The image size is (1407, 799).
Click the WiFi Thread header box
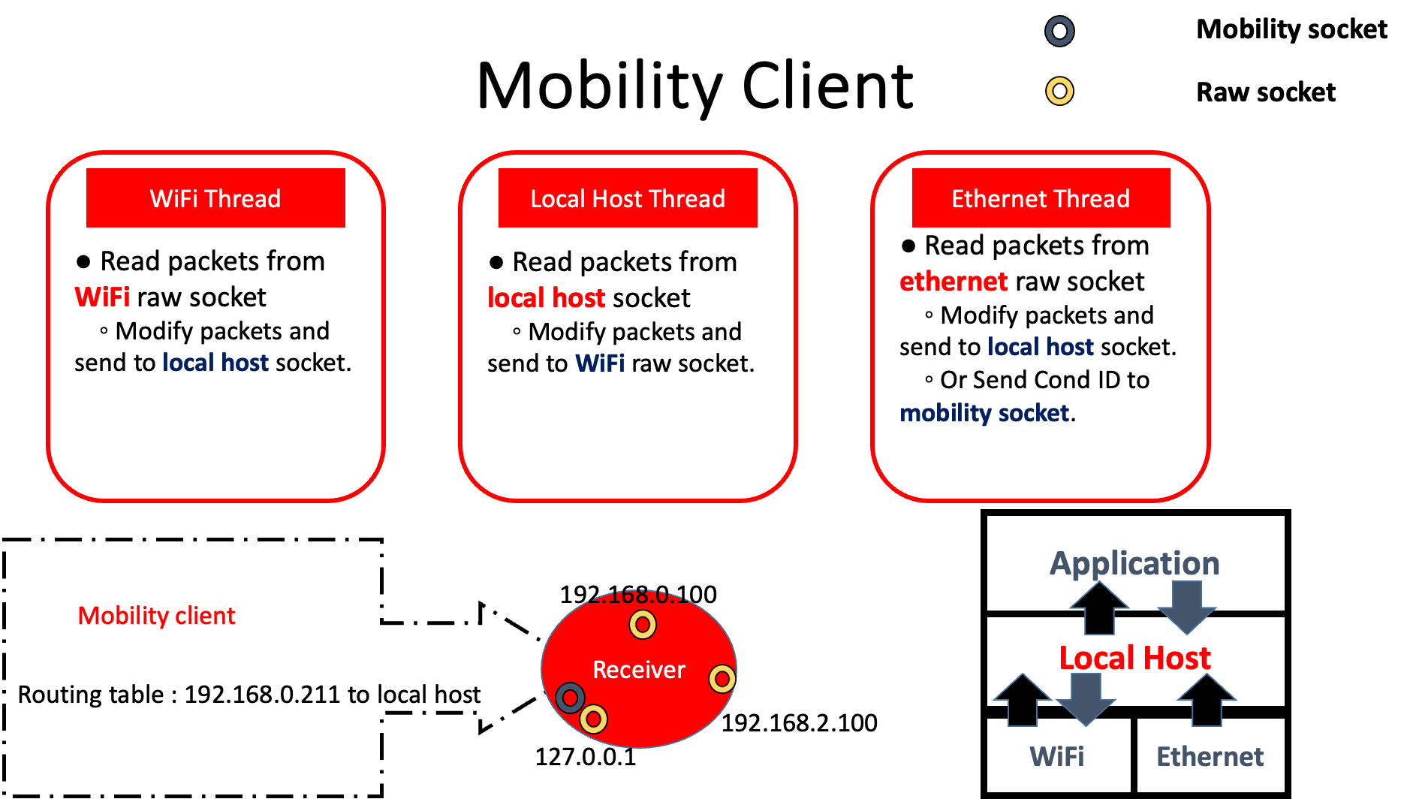point(215,198)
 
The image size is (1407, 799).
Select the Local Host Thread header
point(628,198)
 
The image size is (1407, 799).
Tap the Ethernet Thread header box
point(1041,198)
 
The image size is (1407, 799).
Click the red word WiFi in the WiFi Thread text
point(102,297)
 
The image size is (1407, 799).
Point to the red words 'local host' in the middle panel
point(546,298)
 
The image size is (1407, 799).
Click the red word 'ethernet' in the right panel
point(954,282)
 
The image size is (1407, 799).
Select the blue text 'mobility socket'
point(984,413)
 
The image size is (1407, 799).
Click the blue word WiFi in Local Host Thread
point(600,363)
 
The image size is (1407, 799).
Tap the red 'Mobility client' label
point(156,616)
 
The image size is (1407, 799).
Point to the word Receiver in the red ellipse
point(639,670)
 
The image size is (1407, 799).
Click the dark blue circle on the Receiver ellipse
point(571,698)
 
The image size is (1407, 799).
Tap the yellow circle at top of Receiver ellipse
point(643,624)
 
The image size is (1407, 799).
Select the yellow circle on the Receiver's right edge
point(722,679)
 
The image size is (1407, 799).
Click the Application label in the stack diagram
point(1134,563)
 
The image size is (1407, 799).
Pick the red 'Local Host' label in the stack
point(1134,658)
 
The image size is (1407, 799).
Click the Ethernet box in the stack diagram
point(1210,756)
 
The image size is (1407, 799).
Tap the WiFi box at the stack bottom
point(1057,756)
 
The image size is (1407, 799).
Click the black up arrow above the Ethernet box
point(1207,700)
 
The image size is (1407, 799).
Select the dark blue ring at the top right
point(1059,32)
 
